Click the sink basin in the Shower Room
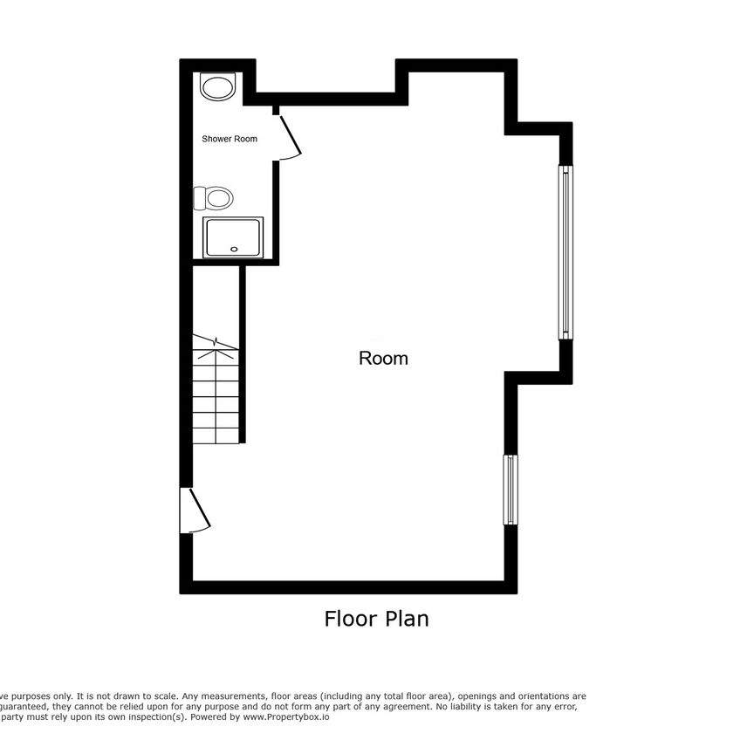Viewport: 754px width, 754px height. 217,87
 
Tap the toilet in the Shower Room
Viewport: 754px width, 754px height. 216,198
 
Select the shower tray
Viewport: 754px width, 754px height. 232,237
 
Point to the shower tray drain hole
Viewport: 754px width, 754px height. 233,249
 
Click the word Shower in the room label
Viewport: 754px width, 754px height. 216,139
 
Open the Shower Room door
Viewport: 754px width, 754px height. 289,135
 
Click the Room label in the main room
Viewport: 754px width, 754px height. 383,358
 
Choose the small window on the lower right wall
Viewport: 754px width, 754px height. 510,489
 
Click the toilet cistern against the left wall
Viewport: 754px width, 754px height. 198,198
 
